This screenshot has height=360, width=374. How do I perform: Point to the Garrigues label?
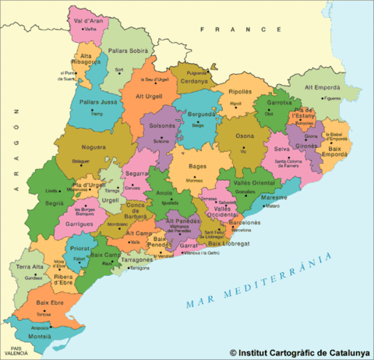pos(78,223)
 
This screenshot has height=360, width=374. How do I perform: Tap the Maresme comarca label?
pos(273,198)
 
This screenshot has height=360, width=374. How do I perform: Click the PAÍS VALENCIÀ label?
pos(11,351)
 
